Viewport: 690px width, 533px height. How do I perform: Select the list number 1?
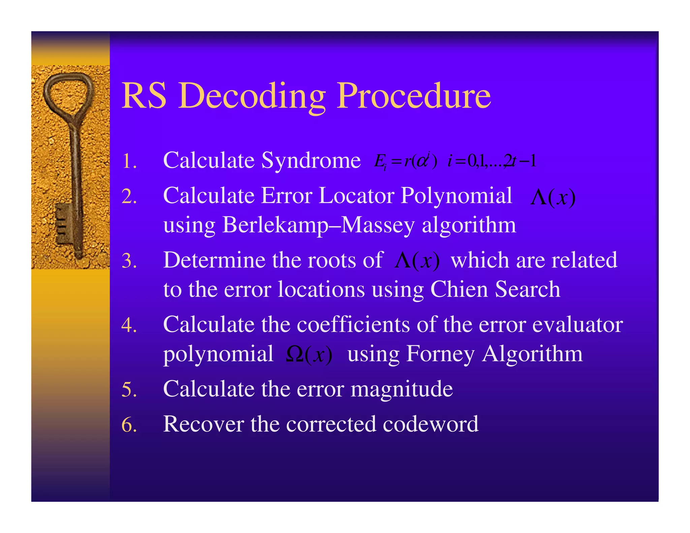coord(129,161)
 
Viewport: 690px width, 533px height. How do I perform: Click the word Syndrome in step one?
coord(311,160)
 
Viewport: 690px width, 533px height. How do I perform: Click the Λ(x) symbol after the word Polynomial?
coord(553,197)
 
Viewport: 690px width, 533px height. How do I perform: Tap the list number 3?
coord(129,261)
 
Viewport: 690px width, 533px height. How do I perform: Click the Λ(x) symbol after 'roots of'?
coord(417,261)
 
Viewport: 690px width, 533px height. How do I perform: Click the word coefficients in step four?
coord(353,324)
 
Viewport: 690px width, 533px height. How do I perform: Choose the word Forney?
coord(441,354)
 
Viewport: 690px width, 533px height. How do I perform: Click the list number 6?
coord(129,425)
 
